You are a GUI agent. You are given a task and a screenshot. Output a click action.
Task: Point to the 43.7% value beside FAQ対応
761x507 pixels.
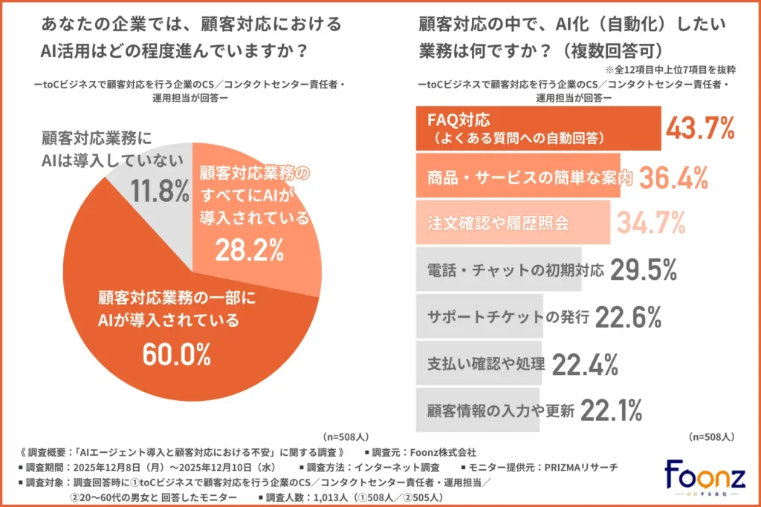(699, 128)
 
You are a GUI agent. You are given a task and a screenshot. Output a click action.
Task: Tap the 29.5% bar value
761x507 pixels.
(643, 269)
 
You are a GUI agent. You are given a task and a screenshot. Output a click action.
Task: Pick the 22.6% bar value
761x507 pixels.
(628, 317)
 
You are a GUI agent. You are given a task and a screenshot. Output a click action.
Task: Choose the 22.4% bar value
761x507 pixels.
(586, 364)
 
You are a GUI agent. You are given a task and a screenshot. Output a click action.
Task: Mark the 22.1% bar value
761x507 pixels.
(610, 409)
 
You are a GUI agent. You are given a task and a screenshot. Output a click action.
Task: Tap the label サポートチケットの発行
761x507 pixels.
(508, 317)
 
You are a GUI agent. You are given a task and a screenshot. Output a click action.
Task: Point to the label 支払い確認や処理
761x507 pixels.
(487, 364)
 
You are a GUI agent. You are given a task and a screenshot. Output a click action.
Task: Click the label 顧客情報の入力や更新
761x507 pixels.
(501, 409)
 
